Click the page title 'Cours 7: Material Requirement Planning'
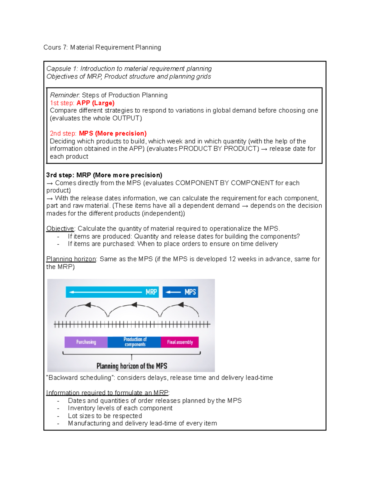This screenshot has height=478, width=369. tap(102, 47)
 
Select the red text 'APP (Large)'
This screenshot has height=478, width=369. tap(95, 103)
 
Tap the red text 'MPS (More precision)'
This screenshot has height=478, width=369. tap(113, 134)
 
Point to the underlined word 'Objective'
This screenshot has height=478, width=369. tap(60, 229)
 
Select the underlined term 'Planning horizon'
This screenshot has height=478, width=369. tap(71, 259)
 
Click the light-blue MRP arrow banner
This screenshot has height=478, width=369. tap(112, 292)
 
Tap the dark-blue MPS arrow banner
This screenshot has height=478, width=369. tap(180, 292)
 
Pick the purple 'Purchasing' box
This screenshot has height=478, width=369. tap(86, 342)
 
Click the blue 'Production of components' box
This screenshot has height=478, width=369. tap(134, 342)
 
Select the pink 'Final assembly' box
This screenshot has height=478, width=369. tap(180, 342)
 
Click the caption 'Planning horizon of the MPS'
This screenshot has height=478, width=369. tap(132, 366)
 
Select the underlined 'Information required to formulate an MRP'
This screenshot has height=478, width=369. tap(107, 393)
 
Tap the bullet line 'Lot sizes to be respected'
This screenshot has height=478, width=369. tap(105, 416)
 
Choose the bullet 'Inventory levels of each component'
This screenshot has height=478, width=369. tap(120, 408)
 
